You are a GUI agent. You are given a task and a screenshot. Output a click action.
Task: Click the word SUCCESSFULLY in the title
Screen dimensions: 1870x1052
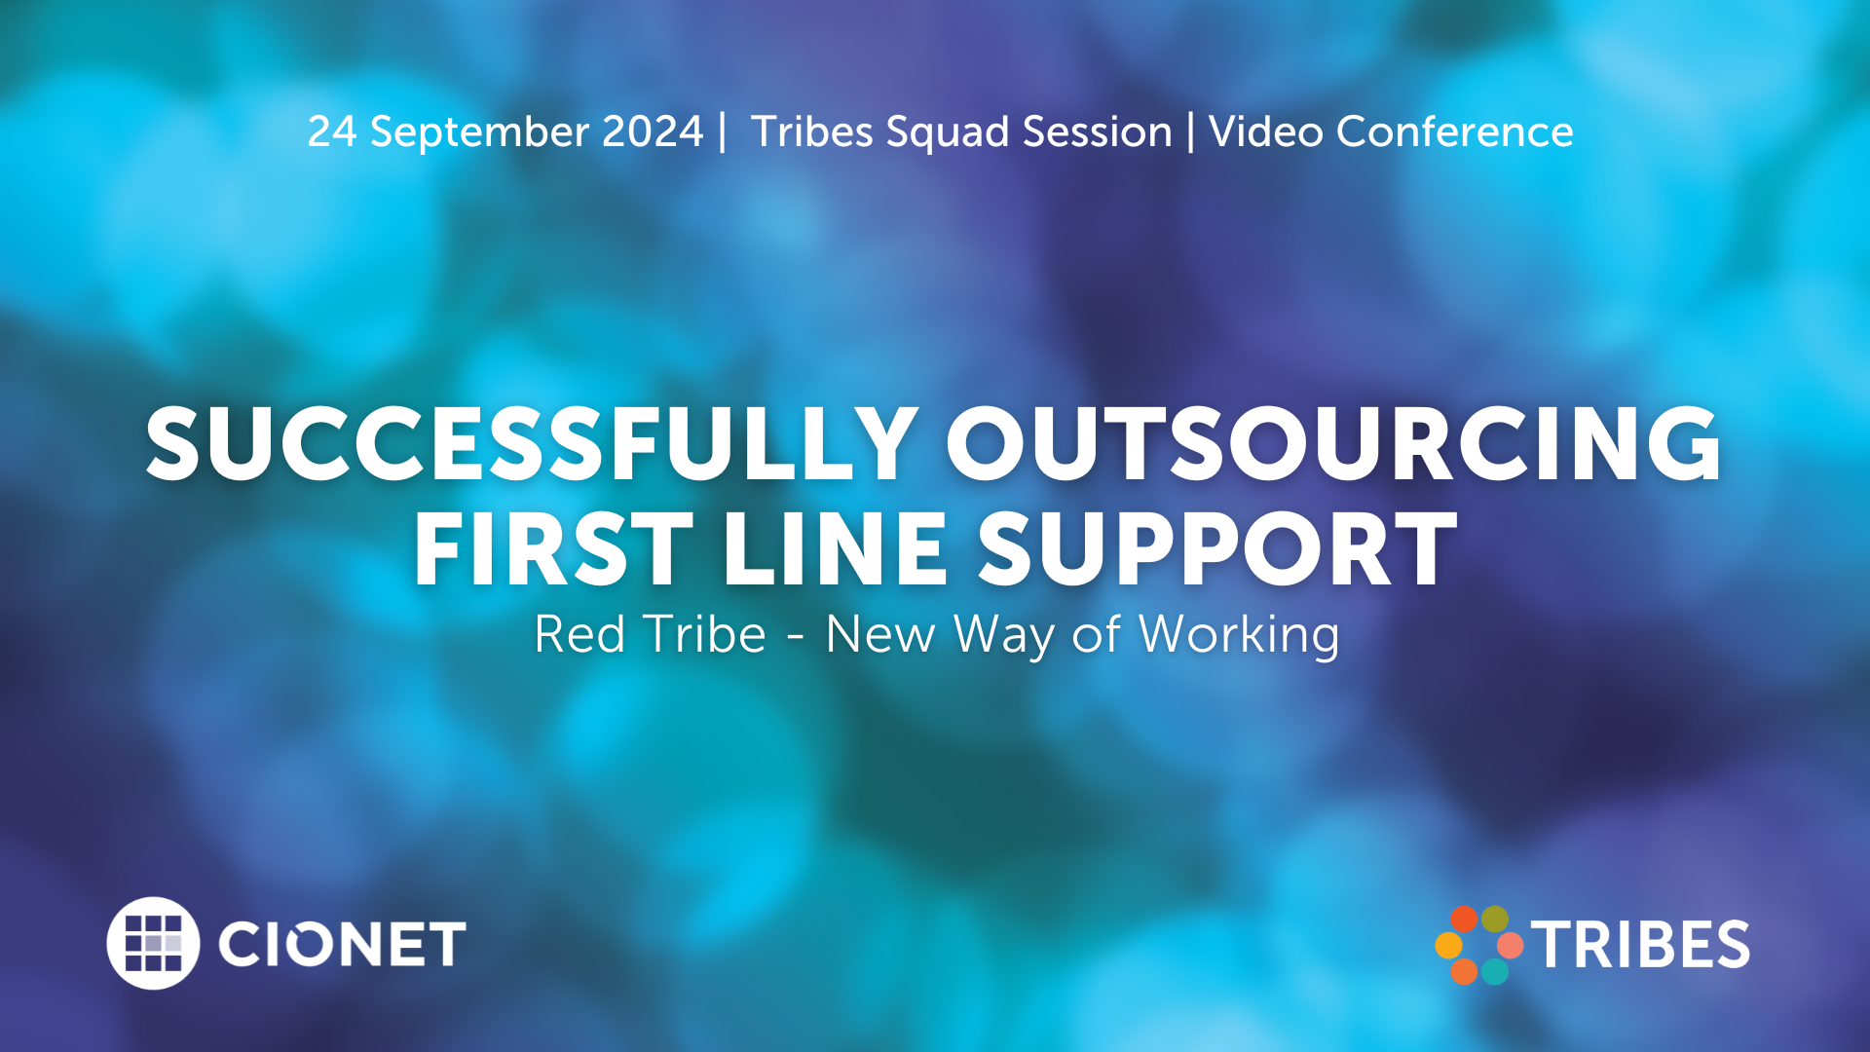(532, 444)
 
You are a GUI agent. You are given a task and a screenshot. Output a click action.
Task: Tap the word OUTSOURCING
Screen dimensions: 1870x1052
(1333, 444)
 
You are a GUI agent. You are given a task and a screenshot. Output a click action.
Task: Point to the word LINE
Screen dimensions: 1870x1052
(835, 549)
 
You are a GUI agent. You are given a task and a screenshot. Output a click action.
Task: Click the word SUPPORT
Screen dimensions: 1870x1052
(1217, 549)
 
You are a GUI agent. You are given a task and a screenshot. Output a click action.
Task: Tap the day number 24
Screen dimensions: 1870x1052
(332, 131)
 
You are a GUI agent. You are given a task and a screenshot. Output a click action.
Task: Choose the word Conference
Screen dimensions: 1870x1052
(1455, 131)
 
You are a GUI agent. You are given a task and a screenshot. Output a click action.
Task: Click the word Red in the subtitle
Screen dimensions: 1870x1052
(580, 634)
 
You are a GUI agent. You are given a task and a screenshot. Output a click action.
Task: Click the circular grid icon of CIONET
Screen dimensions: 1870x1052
(153, 943)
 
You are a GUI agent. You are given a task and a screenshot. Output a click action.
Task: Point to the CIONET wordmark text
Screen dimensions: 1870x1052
(342, 944)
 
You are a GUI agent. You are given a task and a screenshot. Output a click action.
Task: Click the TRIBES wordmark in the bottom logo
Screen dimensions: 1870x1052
(1640, 945)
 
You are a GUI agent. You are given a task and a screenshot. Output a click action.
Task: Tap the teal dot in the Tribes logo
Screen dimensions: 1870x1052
(1495, 970)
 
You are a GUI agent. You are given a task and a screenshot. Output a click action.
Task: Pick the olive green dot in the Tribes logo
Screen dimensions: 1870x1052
(1495, 920)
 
